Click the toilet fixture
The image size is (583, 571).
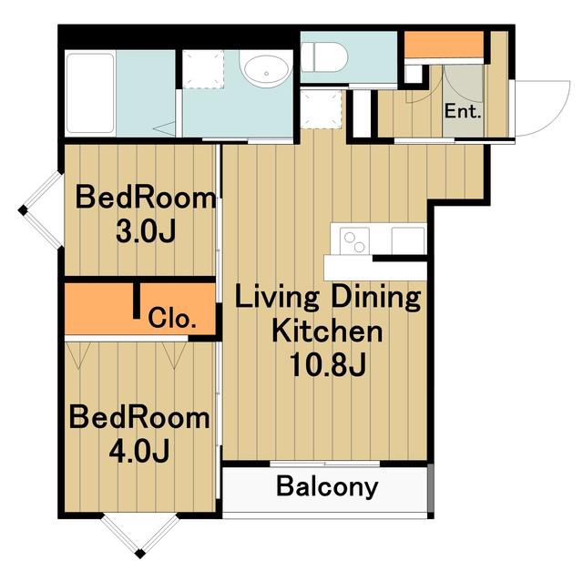[324, 57]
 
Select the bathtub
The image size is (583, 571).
[90, 93]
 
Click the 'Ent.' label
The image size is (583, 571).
[463, 111]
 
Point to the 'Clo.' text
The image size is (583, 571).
[172, 318]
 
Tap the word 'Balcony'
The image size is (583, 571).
[327, 486]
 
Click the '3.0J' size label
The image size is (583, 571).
[146, 232]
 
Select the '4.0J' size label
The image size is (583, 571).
[139, 451]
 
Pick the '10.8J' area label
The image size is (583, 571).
[328, 364]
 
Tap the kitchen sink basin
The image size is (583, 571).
[408, 240]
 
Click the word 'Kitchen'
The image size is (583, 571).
[327, 331]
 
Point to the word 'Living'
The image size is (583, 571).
[277, 299]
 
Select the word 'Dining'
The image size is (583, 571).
[376, 299]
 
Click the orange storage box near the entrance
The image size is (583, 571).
[444, 45]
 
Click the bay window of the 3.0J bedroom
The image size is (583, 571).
[39, 210]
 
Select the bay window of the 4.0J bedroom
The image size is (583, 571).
[139, 535]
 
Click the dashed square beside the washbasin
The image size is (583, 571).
[203, 69]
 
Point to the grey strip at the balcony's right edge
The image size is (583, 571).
[431, 488]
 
